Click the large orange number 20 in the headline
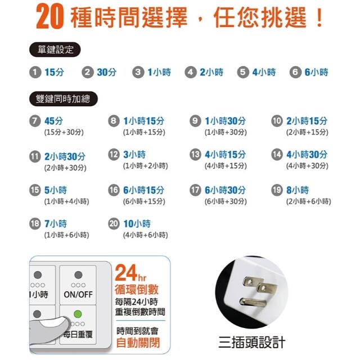tap(49, 17)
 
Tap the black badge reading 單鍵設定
tap(55, 49)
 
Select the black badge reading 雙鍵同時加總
tap(64, 99)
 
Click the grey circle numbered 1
tap(35, 73)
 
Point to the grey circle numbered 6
tap(295, 73)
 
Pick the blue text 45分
tap(54, 121)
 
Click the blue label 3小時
tap(134, 155)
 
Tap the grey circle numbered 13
tap(195, 154)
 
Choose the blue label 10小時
tap(137, 224)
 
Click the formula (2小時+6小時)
tap(309, 201)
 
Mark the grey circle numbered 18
tap(35, 224)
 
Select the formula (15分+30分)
tap(64, 132)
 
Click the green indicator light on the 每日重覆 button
tap(78, 314)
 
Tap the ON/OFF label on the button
tap(78, 295)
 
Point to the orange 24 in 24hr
tap(126, 273)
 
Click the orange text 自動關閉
tap(138, 343)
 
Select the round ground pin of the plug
tap(253, 301)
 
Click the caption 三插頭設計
tap(252, 343)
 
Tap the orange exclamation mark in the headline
tap(319, 17)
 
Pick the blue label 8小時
tap(298, 190)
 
